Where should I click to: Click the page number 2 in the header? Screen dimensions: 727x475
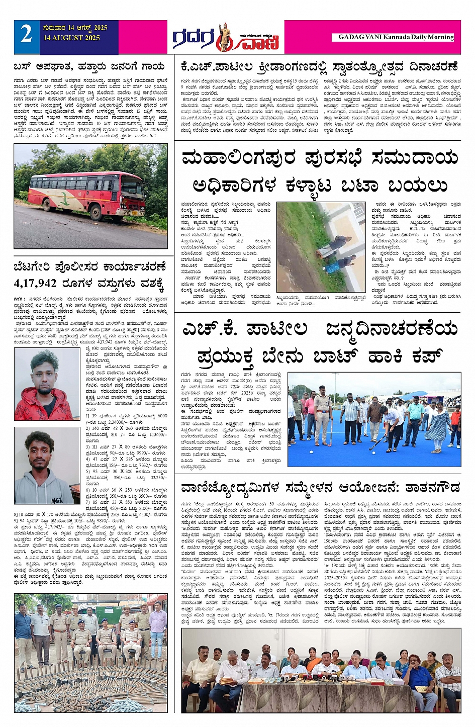point(26,34)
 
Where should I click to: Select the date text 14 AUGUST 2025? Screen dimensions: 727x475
point(71,38)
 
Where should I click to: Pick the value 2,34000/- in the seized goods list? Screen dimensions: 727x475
point(121,422)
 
